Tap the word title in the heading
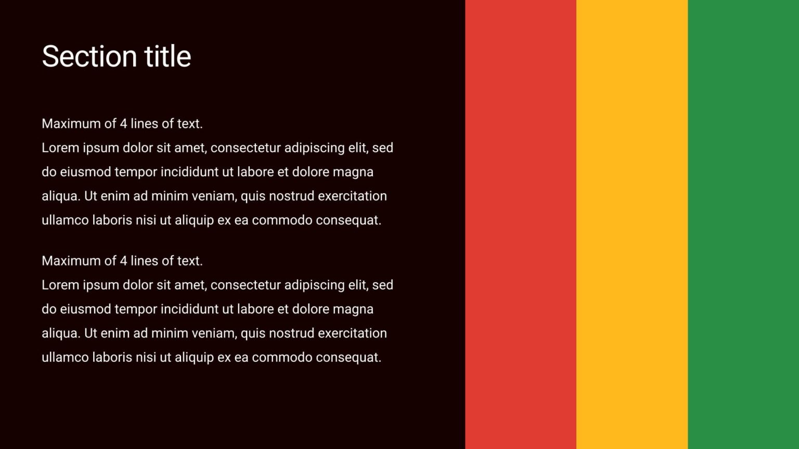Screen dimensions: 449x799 [167, 56]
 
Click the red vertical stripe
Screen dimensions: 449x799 [520, 224]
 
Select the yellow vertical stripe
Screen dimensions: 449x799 [632, 224]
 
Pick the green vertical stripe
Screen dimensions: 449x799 [743, 224]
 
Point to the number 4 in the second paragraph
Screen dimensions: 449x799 [123, 261]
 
